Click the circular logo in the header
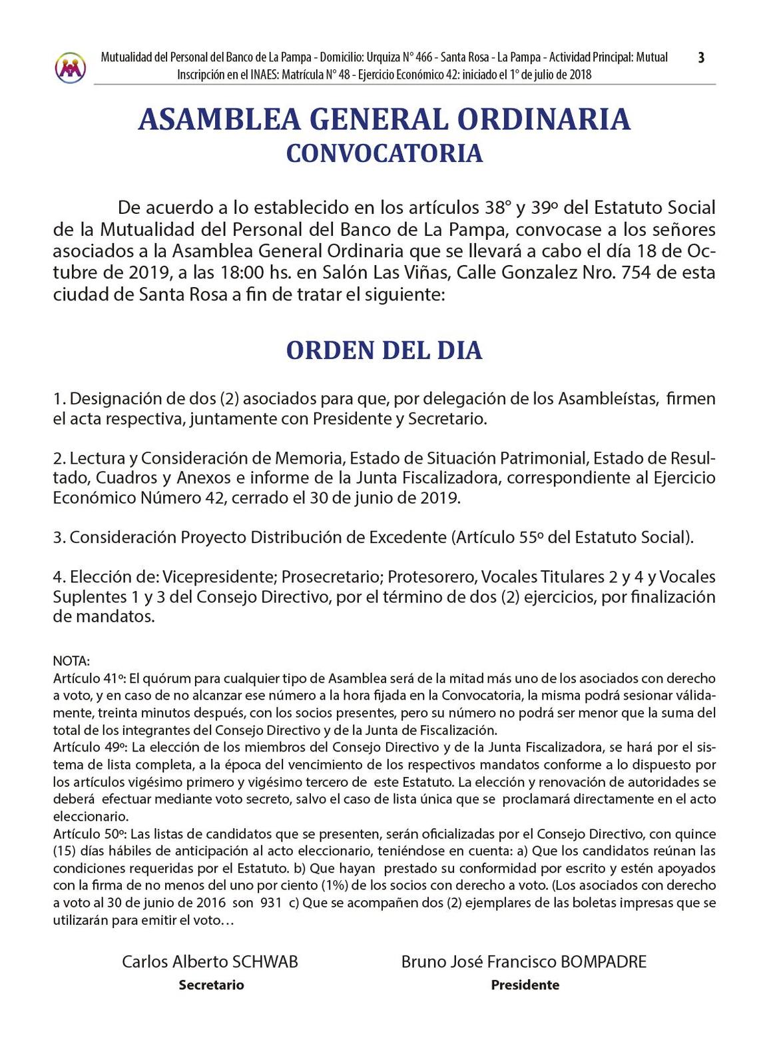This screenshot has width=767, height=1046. coord(71,67)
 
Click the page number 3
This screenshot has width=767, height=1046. coord(701,58)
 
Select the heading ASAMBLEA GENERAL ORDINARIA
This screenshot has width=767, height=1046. coord(384,119)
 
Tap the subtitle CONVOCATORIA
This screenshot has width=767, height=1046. coord(384,153)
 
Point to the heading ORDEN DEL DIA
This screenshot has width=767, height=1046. coord(384,350)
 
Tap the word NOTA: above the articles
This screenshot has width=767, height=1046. coord(71,661)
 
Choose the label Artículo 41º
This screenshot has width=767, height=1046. coord(89,678)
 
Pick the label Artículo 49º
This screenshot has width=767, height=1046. coord(89,747)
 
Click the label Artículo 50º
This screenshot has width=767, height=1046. coord(89,833)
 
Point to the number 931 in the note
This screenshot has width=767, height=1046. coord(270,903)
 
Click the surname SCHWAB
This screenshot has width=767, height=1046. coord(264,961)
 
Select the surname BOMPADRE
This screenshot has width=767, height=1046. coord(604,961)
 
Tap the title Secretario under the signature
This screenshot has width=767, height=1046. coord(211,985)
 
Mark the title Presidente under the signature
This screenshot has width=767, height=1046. coord(525,985)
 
